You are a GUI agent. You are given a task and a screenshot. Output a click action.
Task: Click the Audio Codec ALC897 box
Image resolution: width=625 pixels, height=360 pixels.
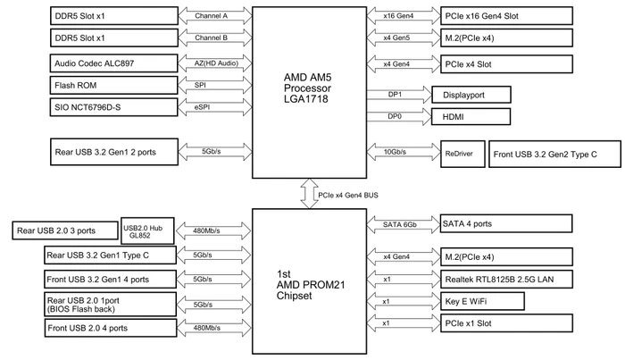(113, 63)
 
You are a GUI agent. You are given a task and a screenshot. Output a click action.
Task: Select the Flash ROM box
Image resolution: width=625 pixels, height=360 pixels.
(113, 86)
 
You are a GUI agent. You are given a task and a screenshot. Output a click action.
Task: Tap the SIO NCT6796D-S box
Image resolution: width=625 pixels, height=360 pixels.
(113, 107)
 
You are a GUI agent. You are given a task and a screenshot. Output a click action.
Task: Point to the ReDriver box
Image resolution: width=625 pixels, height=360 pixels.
(462, 154)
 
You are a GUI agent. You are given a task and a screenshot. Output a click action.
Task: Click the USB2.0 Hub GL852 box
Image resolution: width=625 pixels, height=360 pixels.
(147, 230)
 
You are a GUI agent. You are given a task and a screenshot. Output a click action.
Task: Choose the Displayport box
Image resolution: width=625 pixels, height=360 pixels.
(471, 95)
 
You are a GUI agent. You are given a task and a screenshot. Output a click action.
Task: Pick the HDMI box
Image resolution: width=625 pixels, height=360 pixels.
(471, 117)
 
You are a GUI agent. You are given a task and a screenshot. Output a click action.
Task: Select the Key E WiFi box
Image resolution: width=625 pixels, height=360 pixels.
(482, 301)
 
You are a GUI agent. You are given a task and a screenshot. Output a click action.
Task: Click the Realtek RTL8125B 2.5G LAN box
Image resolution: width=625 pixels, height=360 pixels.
(506, 280)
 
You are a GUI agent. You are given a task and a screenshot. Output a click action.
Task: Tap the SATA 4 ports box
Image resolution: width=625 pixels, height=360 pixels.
(506, 223)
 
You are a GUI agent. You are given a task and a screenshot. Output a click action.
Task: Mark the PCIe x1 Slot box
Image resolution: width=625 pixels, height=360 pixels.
(506, 323)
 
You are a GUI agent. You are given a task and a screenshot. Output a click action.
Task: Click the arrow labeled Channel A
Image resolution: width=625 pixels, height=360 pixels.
(215, 16)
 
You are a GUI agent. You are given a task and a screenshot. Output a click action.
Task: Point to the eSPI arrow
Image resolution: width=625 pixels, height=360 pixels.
(215, 107)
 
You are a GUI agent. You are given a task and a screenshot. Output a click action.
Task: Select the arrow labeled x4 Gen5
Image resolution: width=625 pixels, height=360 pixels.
(404, 38)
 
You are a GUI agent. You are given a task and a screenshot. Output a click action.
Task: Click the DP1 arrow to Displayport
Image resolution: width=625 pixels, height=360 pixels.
(399, 95)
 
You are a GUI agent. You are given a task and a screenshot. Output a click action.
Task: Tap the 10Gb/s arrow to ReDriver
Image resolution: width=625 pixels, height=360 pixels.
(404, 152)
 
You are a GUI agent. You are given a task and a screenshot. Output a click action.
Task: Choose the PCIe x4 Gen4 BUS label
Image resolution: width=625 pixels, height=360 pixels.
(348, 196)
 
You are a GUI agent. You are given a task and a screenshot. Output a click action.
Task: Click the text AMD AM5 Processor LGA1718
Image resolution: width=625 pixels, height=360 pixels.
(307, 88)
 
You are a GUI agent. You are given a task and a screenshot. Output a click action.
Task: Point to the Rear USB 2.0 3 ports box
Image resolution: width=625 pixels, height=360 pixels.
(65, 230)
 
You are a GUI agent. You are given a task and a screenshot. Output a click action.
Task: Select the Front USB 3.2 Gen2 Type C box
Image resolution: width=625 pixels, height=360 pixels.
(554, 154)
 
